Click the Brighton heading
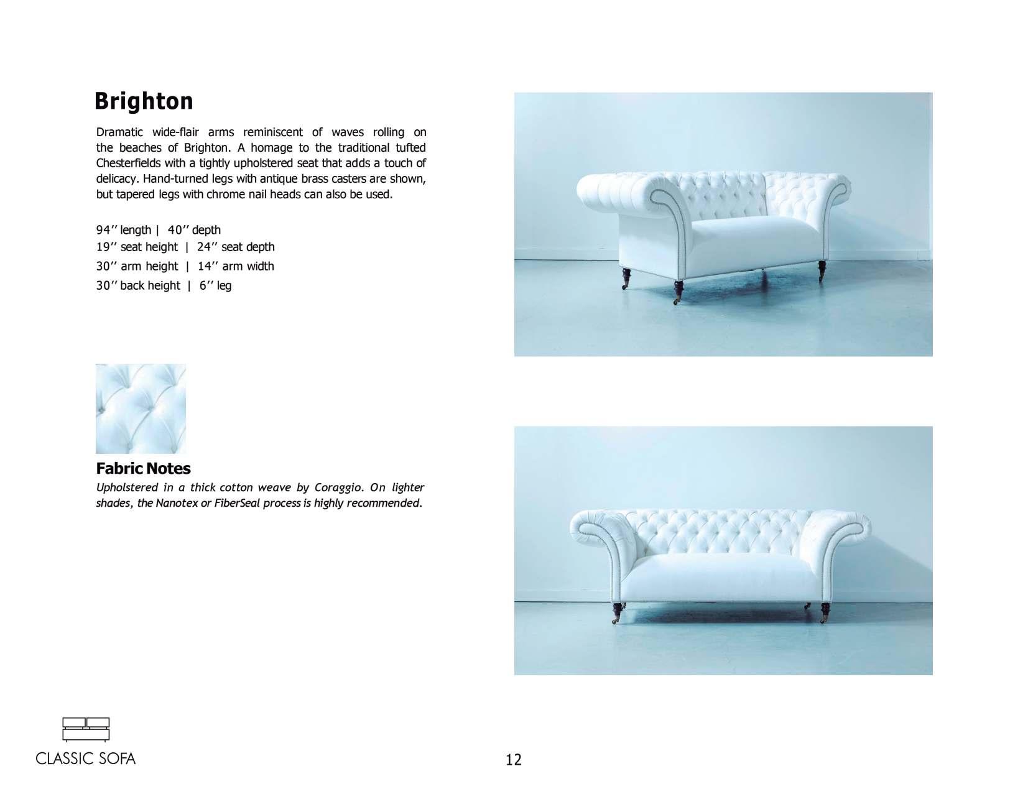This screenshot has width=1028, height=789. coord(144,101)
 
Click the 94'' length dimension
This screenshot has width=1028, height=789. coord(124,230)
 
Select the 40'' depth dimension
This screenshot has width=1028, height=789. coord(194,230)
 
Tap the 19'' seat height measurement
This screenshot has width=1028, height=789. coord(137,247)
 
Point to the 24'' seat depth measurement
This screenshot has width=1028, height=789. coord(236,247)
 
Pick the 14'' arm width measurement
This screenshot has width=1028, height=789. coord(236,266)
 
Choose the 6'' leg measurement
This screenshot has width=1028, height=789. coord(215,285)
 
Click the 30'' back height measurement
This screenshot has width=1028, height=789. coord(138,285)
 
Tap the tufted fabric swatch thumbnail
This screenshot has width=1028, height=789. coord(141,408)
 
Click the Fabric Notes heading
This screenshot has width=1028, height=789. coord(143,468)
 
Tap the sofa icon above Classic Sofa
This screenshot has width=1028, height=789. coord(86,729)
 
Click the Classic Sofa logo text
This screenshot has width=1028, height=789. coord(86,759)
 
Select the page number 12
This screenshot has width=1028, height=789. coord(514,759)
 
